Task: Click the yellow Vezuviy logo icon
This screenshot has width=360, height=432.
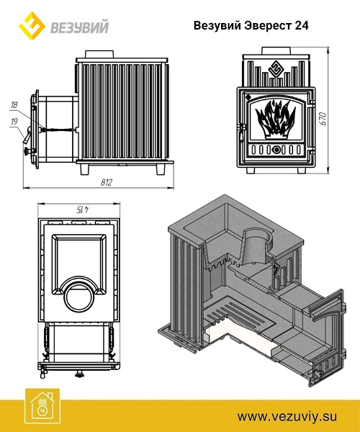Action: click(32, 26)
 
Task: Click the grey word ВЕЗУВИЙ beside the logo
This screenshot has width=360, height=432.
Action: click(79, 27)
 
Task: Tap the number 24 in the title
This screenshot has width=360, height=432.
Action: click(302, 26)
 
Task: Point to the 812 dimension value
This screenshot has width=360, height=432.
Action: click(107, 182)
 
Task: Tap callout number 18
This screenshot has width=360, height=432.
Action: click(14, 104)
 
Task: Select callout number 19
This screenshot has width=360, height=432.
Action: click(14, 122)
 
